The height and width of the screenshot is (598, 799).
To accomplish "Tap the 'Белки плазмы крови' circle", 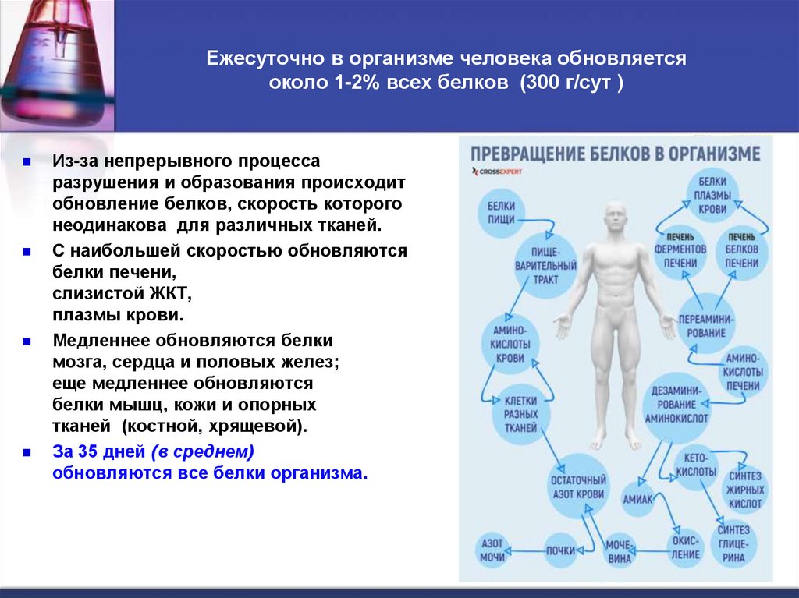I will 712,196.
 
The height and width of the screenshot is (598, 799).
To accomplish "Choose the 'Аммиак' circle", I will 637,499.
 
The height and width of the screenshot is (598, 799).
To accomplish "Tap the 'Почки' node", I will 560,550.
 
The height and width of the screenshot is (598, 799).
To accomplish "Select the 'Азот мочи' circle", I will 492,550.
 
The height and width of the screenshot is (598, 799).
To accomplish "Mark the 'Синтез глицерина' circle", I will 733,543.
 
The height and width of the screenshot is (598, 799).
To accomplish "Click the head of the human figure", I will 616,220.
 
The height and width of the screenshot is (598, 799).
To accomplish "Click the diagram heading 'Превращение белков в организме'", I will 614,153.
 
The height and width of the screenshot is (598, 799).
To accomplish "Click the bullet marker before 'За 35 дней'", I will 26,451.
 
